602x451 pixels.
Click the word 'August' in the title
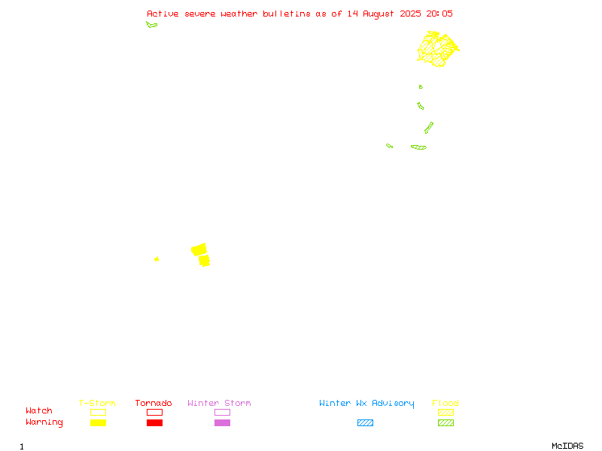click(x=379, y=14)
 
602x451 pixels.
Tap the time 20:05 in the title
click(x=439, y=14)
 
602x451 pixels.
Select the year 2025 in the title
click(x=410, y=14)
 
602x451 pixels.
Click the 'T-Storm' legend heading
click(x=97, y=403)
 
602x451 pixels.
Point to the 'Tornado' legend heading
click(x=154, y=403)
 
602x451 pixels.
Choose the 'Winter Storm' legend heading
click(x=219, y=403)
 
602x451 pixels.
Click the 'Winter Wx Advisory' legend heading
click(x=366, y=404)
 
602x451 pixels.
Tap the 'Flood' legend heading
click(x=445, y=403)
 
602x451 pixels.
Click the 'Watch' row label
click(x=39, y=410)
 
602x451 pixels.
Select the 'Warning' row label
click(x=44, y=422)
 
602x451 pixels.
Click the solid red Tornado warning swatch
click(x=155, y=422)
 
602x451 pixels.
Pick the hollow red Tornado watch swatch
click(x=155, y=412)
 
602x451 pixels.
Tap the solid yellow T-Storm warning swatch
click(x=99, y=422)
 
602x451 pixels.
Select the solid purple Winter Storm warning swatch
click(x=222, y=422)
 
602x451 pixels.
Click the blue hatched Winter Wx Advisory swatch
click(x=365, y=422)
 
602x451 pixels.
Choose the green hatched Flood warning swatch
click(x=445, y=422)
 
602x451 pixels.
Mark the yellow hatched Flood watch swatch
click(x=445, y=412)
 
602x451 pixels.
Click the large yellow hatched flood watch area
click(x=438, y=49)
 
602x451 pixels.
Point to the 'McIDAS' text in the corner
click(x=567, y=446)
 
